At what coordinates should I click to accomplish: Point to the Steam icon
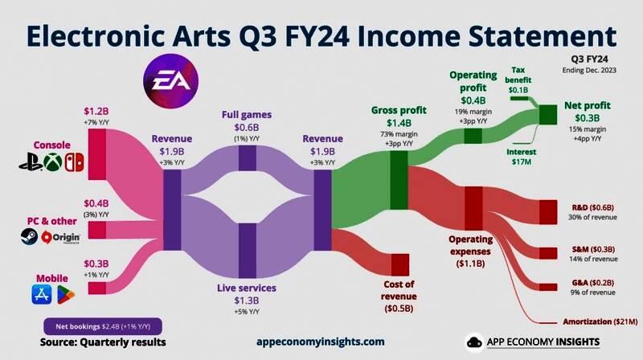click(28, 237)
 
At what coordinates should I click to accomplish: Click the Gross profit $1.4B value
click(398, 122)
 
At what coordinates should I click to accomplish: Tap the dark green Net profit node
click(550, 116)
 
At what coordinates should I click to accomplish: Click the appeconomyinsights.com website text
click(320, 341)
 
